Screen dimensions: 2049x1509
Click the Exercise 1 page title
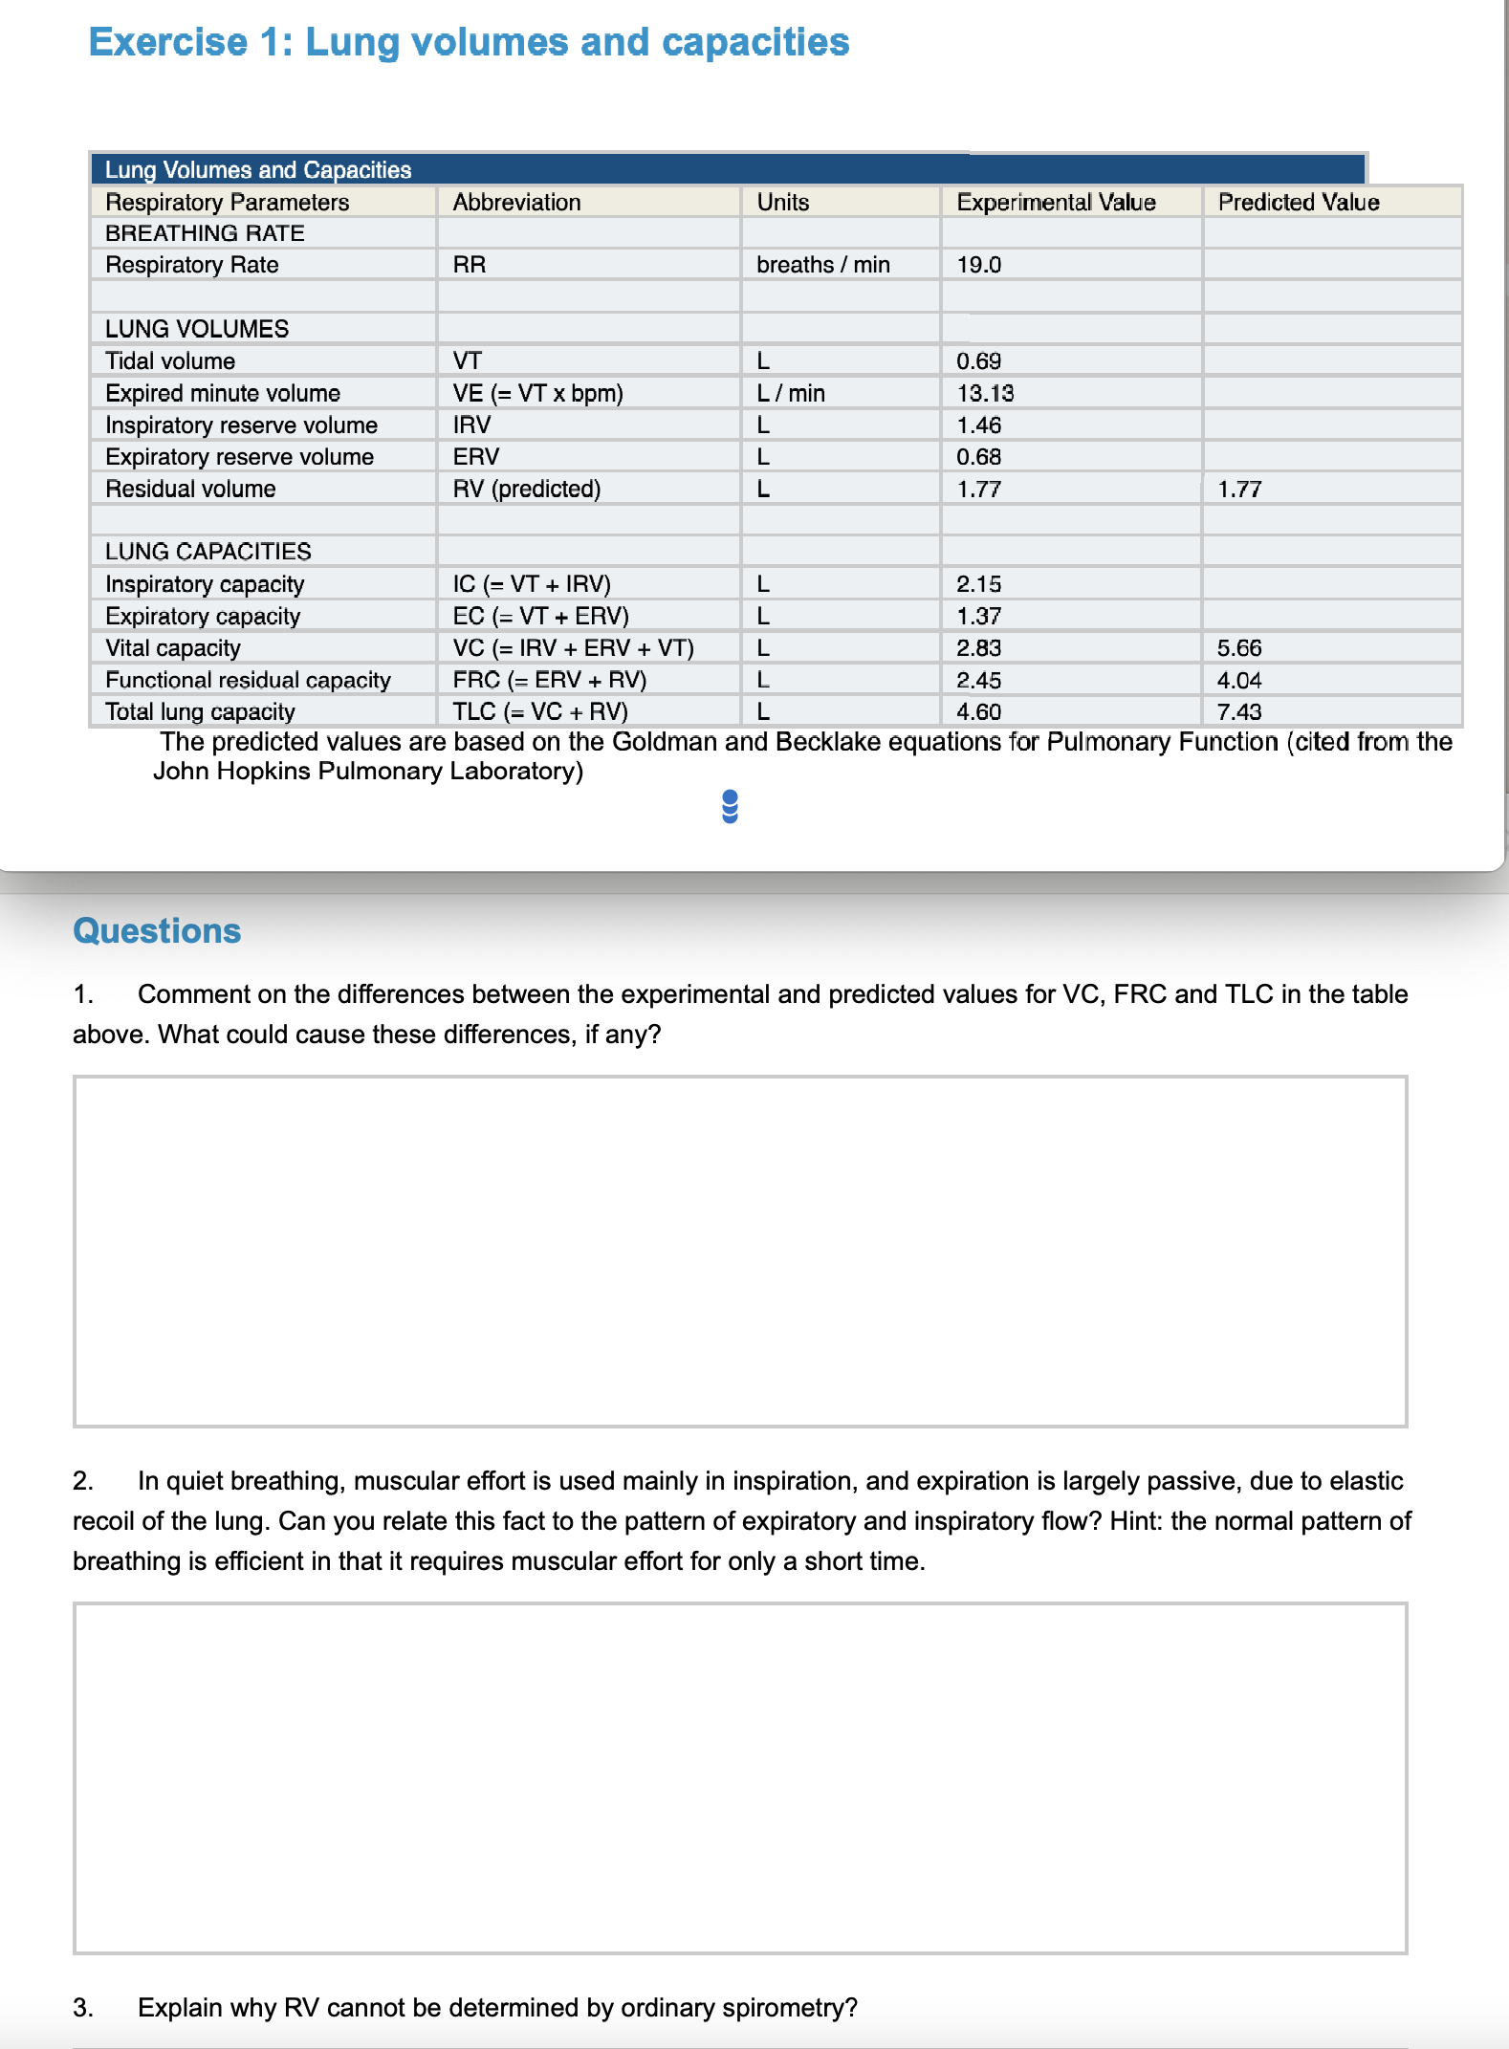click(x=469, y=43)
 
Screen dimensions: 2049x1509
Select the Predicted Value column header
click(x=1298, y=203)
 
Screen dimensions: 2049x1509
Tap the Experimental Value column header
click(x=1056, y=203)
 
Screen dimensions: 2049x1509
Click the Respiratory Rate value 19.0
click(x=978, y=265)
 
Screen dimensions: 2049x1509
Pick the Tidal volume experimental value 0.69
click(x=978, y=361)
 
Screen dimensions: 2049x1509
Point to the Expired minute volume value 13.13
click(x=985, y=393)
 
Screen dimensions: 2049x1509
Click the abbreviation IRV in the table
click(x=471, y=425)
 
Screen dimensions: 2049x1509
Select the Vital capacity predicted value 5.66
click(x=1239, y=648)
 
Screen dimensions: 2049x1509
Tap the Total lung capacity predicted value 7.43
click(x=1239, y=712)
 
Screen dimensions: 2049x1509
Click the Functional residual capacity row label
click(x=248, y=680)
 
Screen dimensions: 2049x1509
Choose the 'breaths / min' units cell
click(x=822, y=265)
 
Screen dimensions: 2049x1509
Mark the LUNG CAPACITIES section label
click(x=208, y=552)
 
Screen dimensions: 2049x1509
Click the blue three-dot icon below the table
click(x=730, y=806)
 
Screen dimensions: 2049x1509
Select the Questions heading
click(x=157, y=931)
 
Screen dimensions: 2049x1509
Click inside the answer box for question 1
click(x=739, y=1251)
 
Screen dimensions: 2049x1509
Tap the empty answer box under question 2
click(x=739, y=1777)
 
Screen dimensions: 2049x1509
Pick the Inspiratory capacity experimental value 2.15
click(x=978, y=584)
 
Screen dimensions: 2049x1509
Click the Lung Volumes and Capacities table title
click(x=257, y=170)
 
